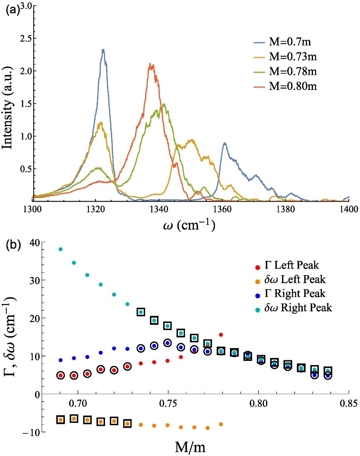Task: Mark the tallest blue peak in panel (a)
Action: click(103, 49)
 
